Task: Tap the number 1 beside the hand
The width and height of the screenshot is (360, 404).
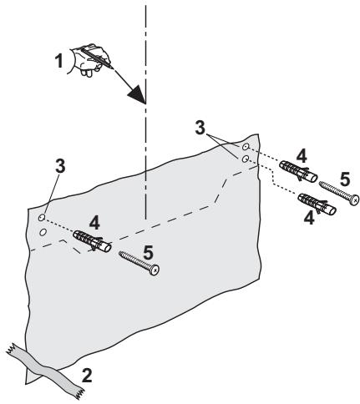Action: click(x=58, y=60)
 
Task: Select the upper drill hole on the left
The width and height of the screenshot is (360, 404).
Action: click(x=42, y=217)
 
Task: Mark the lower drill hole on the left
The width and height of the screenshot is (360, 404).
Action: click(x=42, y=233)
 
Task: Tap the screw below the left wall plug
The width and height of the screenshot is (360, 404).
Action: click(x=138, y=260)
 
